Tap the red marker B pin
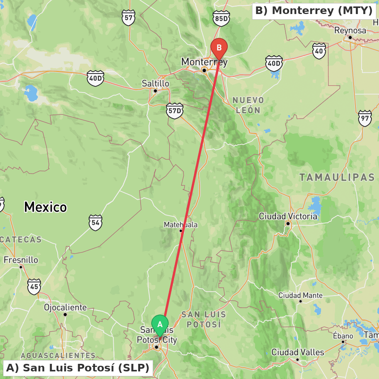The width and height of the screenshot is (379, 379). click(219, 48)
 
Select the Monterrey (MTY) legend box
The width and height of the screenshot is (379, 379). click(314, 11)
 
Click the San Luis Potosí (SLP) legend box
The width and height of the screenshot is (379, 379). click(78, 368)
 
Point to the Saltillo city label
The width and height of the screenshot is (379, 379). click(155, 83)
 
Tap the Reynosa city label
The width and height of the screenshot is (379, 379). click(350, 30)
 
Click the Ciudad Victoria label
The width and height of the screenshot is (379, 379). click(288, 216)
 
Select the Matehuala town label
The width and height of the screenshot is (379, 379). click(180, 225)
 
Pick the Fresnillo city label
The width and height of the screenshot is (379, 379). click(21, 260)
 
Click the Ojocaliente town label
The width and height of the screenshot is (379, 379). click(65, 307)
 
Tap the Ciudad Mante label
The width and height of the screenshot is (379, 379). click(301, 295)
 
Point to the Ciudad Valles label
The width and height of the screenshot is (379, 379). click(298, 352)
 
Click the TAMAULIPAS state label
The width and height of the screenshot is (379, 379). click(337, 177)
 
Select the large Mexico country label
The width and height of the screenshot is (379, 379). click(45, 207)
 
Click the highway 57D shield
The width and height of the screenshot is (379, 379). click(174, 111)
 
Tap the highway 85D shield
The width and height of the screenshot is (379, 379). click(221, 18)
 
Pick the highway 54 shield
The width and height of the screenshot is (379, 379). click(96, 223)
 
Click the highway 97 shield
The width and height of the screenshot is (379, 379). click(365, 118)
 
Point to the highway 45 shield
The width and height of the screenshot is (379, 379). click(34, 287)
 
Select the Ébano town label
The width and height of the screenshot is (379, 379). click(343, 336)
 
